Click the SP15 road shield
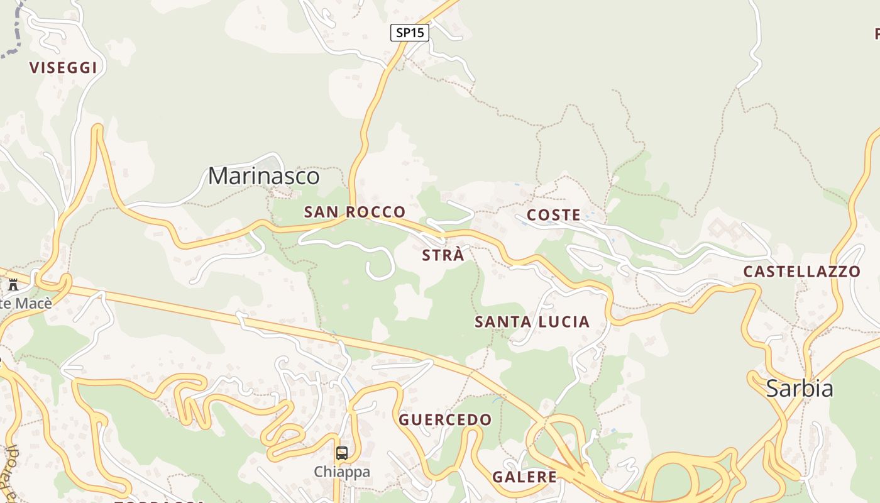point(410,33)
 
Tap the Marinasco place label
point(263,176)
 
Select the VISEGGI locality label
point(63,68)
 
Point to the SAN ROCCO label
point(355,212)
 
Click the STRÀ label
point(443,255)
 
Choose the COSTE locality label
point(554,215)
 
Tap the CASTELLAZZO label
point(801,272)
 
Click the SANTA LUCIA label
point(532,322)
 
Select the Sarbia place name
point(800,389)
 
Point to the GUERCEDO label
point(445,419)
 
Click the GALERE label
point(524,477)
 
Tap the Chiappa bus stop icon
point(341,453)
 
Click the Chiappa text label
point(341,472)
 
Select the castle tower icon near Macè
point(13,285)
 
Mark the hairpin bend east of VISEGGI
point(97,130)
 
